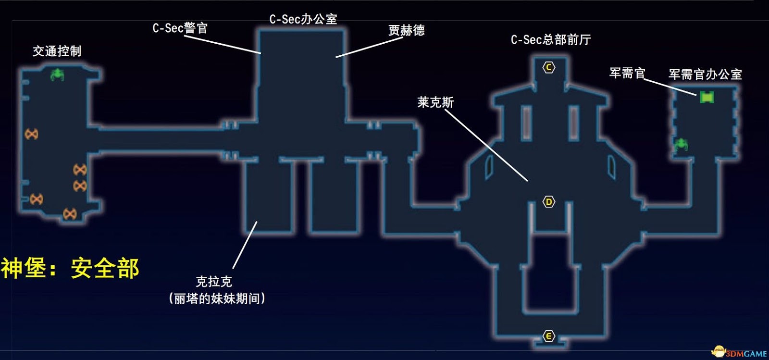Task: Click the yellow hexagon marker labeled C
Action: point(549,67)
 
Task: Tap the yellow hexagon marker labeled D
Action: point(549,202)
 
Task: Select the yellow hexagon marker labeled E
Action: point(549,336)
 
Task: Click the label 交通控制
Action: point(57,51)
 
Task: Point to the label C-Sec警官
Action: point(180,28)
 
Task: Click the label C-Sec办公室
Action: point(303,19)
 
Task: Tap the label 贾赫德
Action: point(407,30)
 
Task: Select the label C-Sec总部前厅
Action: point(551,39)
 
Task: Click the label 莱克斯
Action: point(435,102)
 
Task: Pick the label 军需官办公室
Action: point(705,74)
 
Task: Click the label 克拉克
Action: point(214,281)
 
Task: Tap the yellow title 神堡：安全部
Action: point(70,268)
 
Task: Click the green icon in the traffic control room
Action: point(57,74)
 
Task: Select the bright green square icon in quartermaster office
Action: point(707,98)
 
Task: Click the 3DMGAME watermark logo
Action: point(740,353)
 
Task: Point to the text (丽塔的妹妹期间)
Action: point(217,298)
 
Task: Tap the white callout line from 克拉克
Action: point(245,245)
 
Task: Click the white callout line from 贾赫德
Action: point(369,47)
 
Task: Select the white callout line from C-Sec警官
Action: point(222,44)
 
